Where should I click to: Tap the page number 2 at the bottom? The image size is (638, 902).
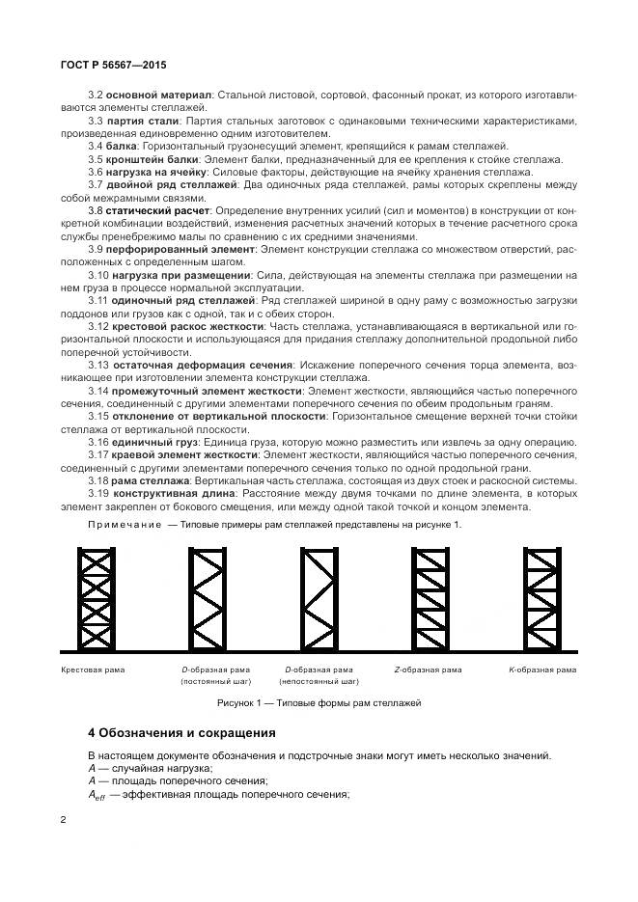63,819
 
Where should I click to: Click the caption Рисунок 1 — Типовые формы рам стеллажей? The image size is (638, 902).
319,703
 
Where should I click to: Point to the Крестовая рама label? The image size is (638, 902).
93,669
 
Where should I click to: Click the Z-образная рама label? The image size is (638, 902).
428,669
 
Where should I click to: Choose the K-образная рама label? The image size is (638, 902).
542,669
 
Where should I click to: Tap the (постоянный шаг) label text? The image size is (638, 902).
215,681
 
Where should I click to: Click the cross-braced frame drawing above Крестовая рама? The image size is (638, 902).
97,598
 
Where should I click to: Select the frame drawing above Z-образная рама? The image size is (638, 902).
427,598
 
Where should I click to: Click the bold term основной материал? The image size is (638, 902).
159,96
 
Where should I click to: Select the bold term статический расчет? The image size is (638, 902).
159,208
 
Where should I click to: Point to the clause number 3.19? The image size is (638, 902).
97,492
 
